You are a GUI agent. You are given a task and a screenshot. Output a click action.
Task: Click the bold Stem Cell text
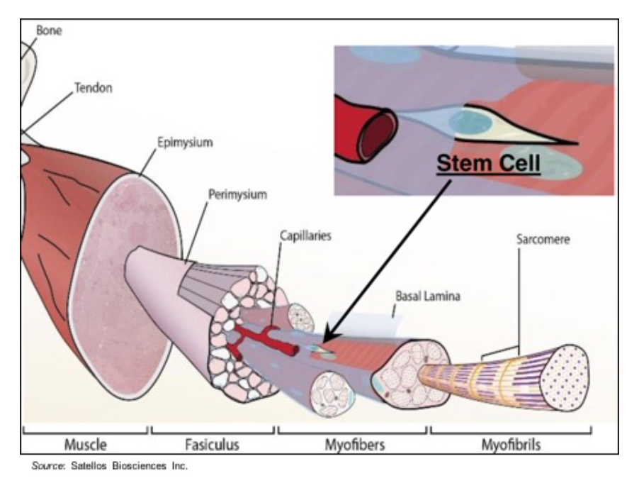click(x=488, y=163)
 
